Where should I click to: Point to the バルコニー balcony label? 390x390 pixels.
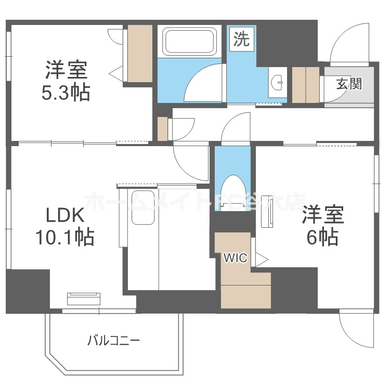[x=113, y=341]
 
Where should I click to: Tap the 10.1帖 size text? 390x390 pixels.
[x=64, y=237]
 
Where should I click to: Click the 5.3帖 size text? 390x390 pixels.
[x=66, y=93]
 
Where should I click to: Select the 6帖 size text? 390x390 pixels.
[x=322, y=237]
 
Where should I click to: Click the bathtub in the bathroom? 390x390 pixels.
[x=189, y=42]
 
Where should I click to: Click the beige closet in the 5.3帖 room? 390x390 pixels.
[x=140, y=53]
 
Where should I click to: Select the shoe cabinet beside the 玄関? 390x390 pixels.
[x=305, y=85]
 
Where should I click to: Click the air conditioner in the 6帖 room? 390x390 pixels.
[x=267, y=214]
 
